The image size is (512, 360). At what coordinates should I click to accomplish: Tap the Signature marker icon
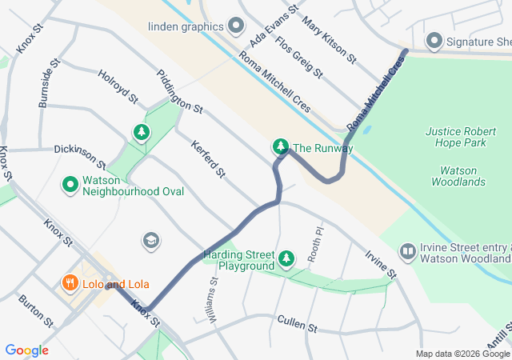pos(434,41)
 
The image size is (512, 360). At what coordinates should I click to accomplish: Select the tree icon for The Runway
pos(281,146)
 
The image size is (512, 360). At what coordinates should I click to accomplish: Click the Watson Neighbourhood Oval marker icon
pos(70,185)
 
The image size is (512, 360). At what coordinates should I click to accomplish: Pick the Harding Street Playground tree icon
pos(287,258)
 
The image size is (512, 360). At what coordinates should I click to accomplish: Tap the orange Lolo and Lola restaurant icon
pos(70,283)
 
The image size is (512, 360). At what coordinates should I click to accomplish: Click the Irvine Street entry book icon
pos(408,253)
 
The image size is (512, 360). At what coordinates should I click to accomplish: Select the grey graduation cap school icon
pos(150,240)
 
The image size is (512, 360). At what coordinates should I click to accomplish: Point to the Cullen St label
pos(297,323)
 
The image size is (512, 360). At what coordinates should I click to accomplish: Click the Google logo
pos(26,350)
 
